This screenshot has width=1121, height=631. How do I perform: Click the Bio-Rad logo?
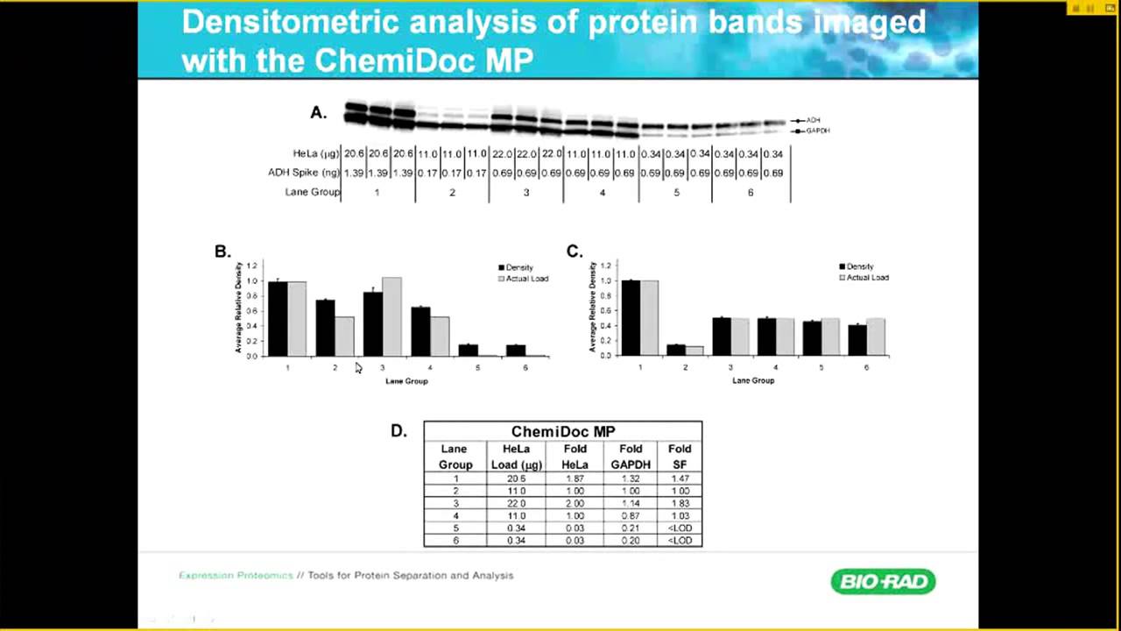tap(883, 581)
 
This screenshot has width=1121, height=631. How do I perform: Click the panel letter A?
tap(318, 112)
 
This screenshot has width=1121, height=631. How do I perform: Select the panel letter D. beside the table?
tap(398, 431)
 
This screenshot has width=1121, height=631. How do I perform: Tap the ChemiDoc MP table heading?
tap(562, 431)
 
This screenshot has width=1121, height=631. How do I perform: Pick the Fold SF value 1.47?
tap(680, 479)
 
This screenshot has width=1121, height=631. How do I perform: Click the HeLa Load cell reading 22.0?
tap(517, 504)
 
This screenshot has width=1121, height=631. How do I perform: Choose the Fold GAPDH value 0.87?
tap(630, 516)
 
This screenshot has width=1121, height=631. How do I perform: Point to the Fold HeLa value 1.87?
tap(575, 479)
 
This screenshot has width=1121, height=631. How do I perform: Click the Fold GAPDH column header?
tap(630, 457)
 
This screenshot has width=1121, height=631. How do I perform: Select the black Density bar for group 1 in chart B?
tap(278, 319)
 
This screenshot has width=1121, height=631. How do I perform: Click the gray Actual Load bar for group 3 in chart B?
tap(391, 316)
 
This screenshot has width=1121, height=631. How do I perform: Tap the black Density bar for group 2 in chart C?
tap(675, 350)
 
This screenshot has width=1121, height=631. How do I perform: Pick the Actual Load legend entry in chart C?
tap(864, 278)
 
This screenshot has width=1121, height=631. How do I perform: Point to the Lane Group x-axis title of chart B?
tap(406, 381)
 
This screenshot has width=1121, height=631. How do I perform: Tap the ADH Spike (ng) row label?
tap(303, 173)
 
